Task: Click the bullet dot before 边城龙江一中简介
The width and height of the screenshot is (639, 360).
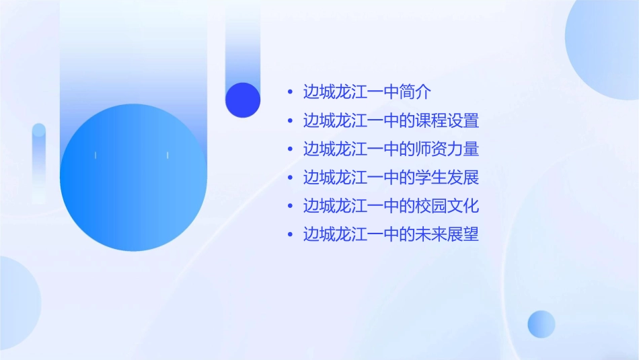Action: (290, 92)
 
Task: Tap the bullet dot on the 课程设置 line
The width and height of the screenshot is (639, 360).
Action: (290, 121)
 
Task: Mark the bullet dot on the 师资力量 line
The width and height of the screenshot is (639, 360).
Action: (290, 149)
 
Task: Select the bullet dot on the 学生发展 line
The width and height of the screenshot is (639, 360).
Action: (290, 178)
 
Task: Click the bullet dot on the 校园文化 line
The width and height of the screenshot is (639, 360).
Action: (290, 206)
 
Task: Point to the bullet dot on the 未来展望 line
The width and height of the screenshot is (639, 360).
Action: (290, 235)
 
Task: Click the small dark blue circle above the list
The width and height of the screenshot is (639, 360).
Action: (243, 100)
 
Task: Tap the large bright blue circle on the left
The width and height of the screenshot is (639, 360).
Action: (133, 178)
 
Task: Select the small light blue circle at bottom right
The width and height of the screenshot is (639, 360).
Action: (541, 324)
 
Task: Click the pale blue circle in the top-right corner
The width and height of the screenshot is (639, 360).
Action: (605, 37)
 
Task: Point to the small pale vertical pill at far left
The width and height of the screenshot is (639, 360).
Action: (39, 161)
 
